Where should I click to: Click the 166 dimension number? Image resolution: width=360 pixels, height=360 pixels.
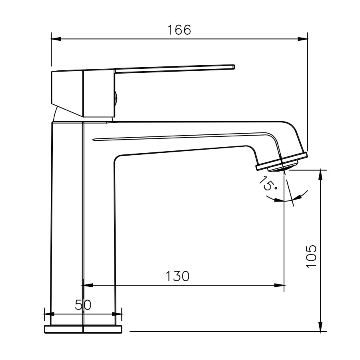[179, 30]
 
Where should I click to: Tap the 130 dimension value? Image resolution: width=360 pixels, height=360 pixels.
[178, 276]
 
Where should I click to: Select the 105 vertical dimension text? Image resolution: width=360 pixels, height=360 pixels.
[311, 256]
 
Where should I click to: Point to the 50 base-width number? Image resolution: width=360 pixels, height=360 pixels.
[83, 305]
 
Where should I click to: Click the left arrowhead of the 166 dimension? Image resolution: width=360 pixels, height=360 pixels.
[56, 39]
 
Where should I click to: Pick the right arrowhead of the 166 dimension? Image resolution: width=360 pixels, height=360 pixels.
[303, 39]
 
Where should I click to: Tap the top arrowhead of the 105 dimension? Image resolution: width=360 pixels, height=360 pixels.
[321, 176]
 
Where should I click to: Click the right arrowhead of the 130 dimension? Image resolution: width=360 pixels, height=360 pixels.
[279, 285]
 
